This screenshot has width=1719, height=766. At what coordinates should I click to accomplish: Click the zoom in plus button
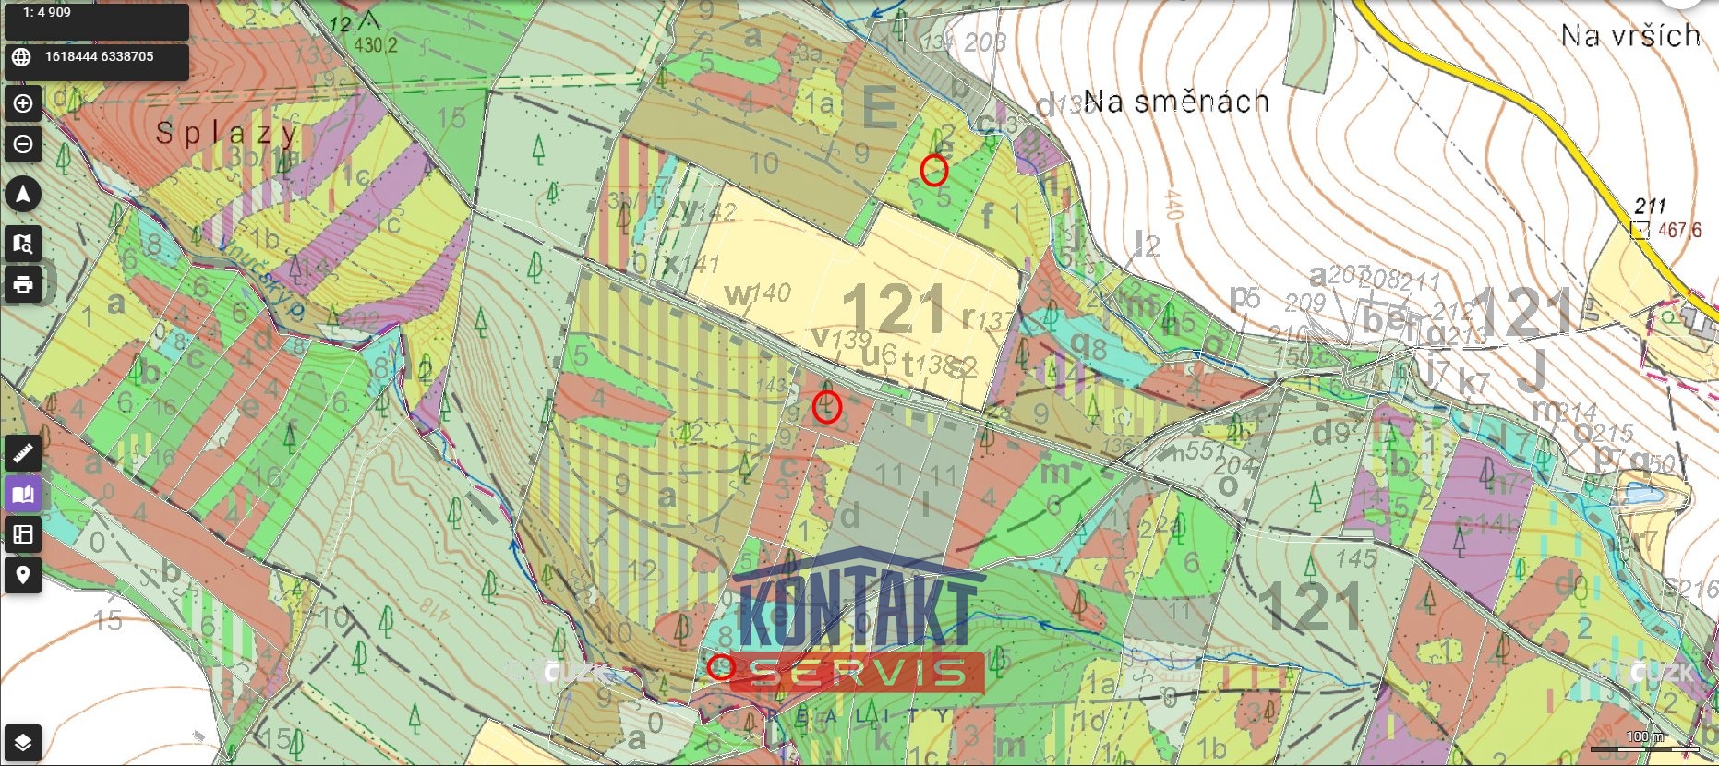pyautogui.click(x=23, y=103)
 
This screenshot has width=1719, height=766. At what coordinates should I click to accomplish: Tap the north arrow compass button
pyautogui.click(x=23, y=194)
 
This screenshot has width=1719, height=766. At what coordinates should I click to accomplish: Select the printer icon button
pyautogui.click(x=23, y=284)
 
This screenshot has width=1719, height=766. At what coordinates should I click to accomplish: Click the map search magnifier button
pyautogui.click(x=23, y=244)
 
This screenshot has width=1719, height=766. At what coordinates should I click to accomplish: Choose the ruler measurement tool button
pyautogui.click(x=23, y=452)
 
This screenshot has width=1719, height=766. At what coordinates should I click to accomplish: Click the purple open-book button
pyautogui.click(x=23, y=494)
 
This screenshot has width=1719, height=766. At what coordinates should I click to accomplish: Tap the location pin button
pyautogui.click(x=23, y=575)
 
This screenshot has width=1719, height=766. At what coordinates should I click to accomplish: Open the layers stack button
pyautogui.click(x=23, y=742)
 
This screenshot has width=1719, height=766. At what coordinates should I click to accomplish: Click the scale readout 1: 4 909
pyautogui.click(x=47, y=13)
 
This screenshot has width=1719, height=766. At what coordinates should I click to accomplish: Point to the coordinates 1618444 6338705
pyautogui.click(x=99, y=57)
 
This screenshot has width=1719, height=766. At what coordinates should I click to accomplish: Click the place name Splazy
pyautogui.click(x=225, y=134)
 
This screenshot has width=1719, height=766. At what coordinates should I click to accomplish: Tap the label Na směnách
pyautogui.click(x=1175, y=101)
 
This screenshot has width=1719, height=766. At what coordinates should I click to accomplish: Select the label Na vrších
pyautogui.click(x=1629, y=36)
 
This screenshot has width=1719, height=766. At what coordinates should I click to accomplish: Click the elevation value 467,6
pyautogui.click(x=1679, y=230)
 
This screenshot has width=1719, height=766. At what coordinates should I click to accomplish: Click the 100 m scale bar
pyautogui.click(x=1644, y=744)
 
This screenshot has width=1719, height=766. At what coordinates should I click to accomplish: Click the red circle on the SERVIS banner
pyautogui.click(x=720, y=667)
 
